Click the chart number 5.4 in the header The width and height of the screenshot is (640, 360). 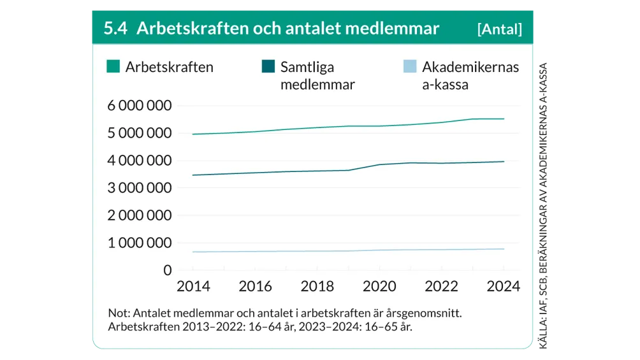[x=115, y=29]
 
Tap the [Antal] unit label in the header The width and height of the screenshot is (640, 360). [x=499, y=29]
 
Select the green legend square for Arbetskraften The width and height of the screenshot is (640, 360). [x=113, y=66]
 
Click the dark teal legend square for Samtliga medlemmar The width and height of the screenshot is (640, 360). [x=268, y=66]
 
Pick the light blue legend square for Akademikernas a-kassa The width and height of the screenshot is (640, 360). [x=411, y=66]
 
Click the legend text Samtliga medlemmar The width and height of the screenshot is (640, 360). [x=317, y=75]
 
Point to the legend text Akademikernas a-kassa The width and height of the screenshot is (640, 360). [x=470, y=75]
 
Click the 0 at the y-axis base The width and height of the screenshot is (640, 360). [x=168, y=271]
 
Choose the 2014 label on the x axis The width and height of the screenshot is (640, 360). [x=193, y=287]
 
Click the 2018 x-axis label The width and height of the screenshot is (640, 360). [x=317, y=287]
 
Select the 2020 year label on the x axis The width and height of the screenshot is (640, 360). [x=379, y=287]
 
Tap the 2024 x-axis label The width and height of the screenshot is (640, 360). [x=503, y=287]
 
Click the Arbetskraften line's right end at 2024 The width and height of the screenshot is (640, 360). [x=504, y=119]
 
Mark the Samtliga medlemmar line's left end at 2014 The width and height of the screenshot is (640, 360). [x=192, y=175]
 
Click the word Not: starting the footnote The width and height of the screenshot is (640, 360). [x=120, y=313]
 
